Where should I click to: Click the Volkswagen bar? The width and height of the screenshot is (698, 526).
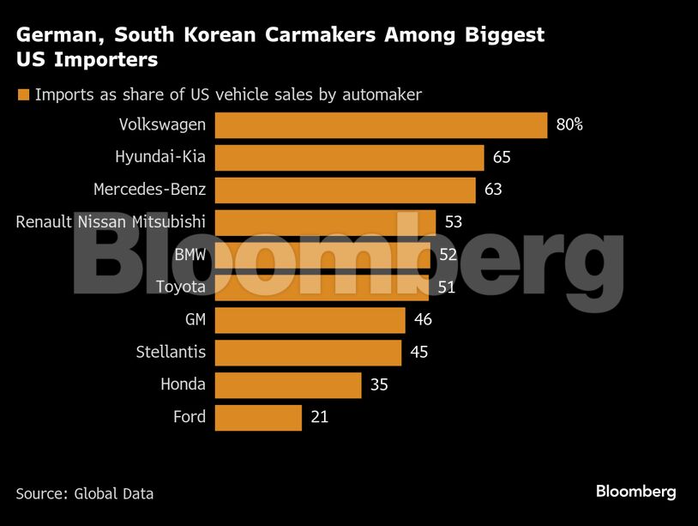381,125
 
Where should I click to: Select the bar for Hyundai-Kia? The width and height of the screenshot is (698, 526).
349,158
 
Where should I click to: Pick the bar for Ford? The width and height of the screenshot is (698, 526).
258,418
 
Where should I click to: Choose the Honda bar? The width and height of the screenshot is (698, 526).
288,385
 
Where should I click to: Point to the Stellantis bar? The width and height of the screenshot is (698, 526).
308,353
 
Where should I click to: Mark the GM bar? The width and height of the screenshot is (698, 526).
310,320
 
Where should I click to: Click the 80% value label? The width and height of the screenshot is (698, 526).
569,125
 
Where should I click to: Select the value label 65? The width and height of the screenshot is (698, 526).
502,158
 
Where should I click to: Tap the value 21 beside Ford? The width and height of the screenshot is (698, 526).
319,418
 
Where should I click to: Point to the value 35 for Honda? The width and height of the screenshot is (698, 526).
379,385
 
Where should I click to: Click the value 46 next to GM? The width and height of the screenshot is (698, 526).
423,320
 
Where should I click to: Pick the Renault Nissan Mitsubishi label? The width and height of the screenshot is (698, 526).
111,222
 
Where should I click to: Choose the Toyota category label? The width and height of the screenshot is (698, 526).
180,287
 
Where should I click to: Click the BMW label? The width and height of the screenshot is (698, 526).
190,255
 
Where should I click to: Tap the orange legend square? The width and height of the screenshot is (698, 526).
23,95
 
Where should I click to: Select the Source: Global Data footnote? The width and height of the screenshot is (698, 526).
85,493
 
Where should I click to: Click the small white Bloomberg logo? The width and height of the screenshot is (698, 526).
635,492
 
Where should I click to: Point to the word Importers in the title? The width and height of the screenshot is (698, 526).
106,60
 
